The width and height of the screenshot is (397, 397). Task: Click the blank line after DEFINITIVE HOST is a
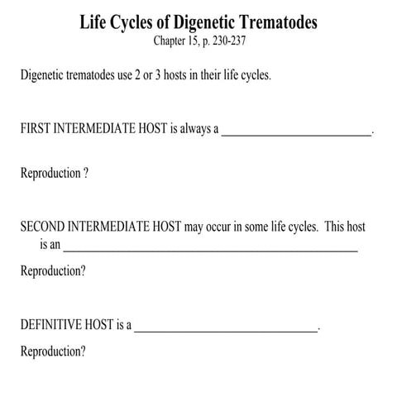point(226,328)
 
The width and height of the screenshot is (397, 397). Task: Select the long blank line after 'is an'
point(211,247)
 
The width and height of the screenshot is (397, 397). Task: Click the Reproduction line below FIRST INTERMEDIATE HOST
point(54,175)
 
